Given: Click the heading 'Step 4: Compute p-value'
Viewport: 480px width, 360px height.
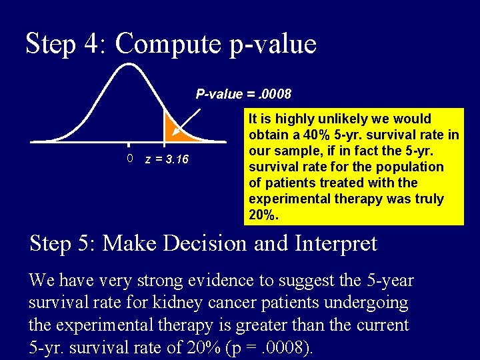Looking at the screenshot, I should point(171,44).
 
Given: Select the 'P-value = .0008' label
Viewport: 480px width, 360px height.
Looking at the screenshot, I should point(243,94).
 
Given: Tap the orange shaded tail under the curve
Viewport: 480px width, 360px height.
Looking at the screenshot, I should point(178,133).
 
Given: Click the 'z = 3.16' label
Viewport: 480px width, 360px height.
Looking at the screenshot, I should point(167,160).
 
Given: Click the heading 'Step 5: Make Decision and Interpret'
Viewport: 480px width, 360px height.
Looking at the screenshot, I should point(203,243).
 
